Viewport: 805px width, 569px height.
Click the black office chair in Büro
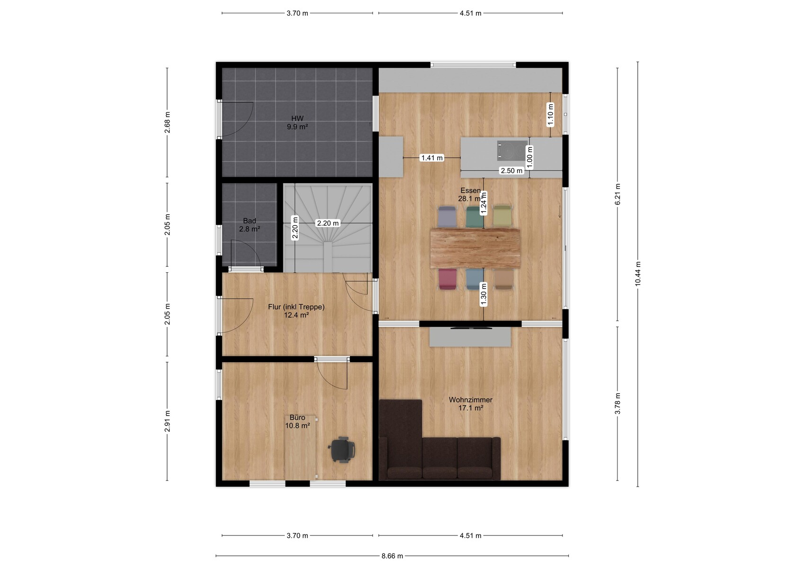click(x=341, y=450)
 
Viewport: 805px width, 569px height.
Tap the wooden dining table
click(x=475, y=248)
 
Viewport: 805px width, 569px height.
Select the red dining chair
click(x=447, y=279)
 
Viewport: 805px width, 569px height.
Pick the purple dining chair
click(x=447, y=217)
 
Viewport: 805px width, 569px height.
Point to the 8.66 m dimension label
click(x=392, y=556)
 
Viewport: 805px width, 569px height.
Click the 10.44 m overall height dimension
click(x=638, y=274)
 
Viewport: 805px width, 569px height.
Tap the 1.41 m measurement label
click(x=432, y=158)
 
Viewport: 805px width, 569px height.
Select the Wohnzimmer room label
click(x=470, y=400)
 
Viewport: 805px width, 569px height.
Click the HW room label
click(x=297, y=118)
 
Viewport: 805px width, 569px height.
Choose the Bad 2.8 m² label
click(x=250, y=225)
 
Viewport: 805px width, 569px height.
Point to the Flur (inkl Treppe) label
click(x=296, y=307)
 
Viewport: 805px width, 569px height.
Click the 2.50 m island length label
click(x=512, y=170)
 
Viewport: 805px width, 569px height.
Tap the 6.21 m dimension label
click(x=618, y=195)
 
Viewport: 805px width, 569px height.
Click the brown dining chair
click(x=503, y=279)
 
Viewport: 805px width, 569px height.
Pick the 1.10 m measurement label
click(x=550, y=115)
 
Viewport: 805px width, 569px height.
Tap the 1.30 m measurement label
click(x=484, y=294)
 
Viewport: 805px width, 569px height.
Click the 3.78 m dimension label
click(x=618, y=403)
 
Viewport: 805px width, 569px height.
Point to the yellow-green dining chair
click(x=502, y=217)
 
